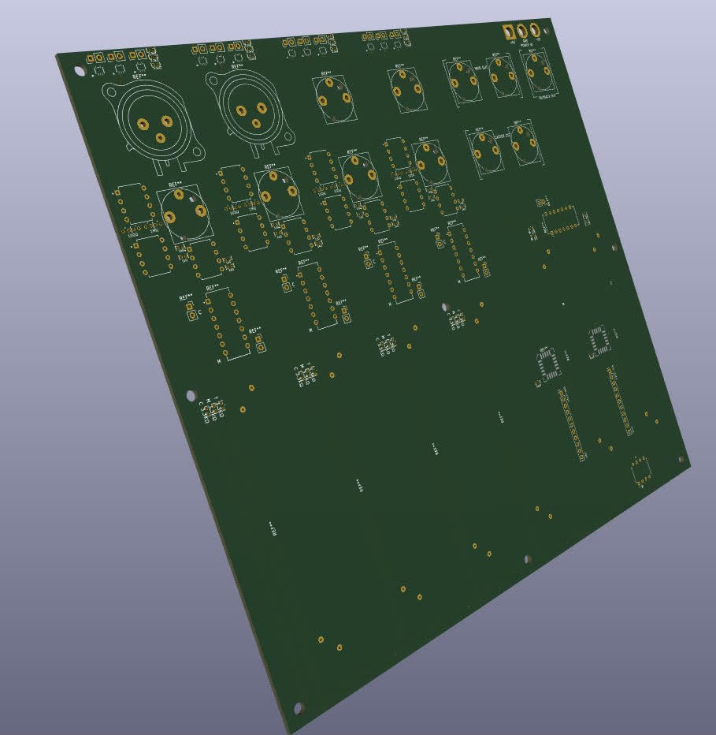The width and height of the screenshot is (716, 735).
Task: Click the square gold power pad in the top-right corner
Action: [x=510, y=32]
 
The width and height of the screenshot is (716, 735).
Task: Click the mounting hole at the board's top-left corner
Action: [x=80, y=71]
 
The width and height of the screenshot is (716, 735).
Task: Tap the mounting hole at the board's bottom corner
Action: [x=298, y=707]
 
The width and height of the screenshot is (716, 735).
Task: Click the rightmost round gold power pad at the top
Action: [x=536, y=30]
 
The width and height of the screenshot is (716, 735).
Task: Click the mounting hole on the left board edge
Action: [x=190, y=394]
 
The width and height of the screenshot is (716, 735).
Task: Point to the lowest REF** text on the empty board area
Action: [x=273, y=528]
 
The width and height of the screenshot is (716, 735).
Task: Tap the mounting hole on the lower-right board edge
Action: [x=527, y=558]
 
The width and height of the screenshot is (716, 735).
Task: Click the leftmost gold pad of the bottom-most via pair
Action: [x=321, y=638]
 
